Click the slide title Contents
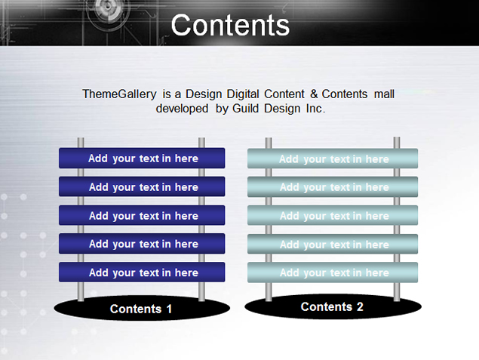click(230, 25)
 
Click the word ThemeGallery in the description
click(119, 94)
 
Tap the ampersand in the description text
click(314, 94)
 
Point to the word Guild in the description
click(246, 109)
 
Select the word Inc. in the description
click(316, 109)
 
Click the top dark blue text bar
click(142, 158)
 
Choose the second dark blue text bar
click(142, 186)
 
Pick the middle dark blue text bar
click(142, 215)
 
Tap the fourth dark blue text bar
click(142, 244)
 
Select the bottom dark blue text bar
click(142, 272)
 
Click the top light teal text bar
click(333, 158)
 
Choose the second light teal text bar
click(333, 186)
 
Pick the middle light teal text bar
click(333, 215)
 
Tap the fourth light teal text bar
click(333, 244)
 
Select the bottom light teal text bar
click(333, 272)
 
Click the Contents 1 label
click(141, 309)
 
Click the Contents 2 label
click(332, 307)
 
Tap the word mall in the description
click(384, 94)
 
